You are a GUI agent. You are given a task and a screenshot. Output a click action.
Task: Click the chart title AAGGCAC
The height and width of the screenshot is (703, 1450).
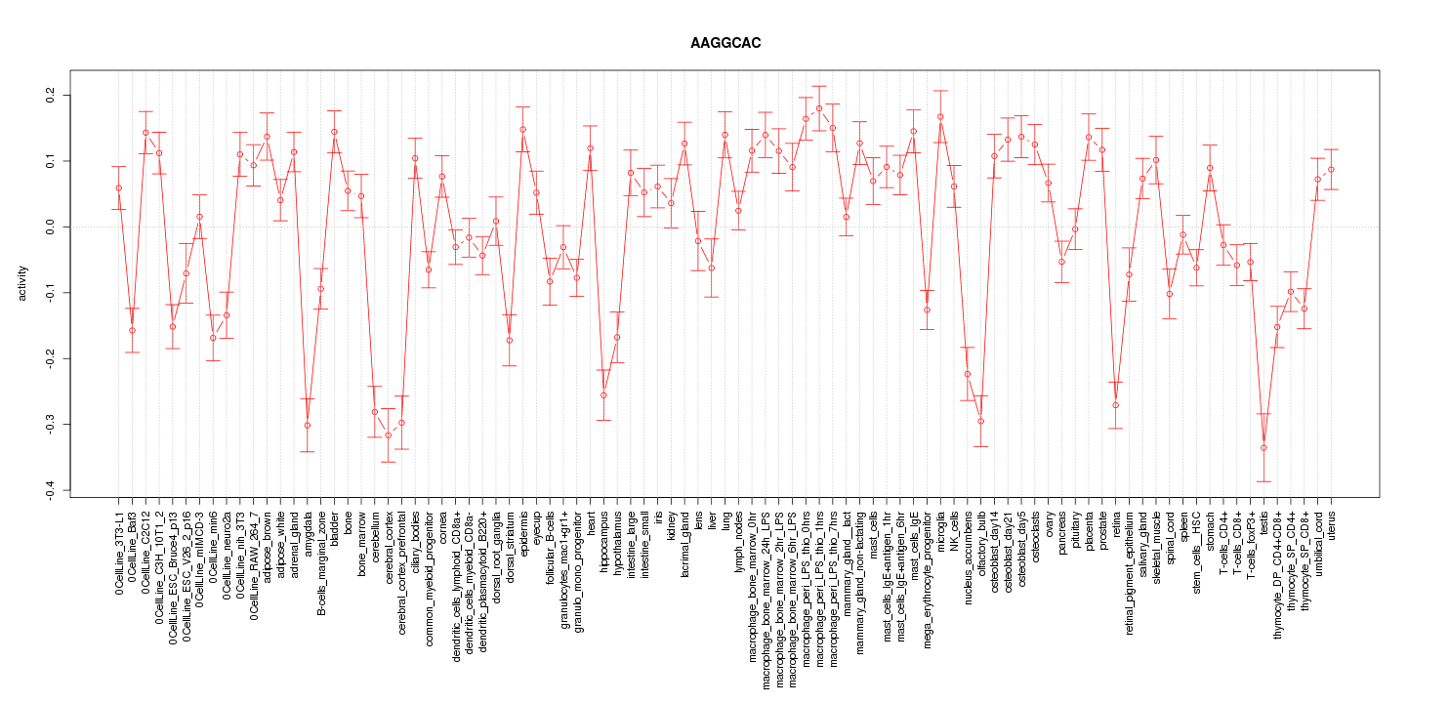725,44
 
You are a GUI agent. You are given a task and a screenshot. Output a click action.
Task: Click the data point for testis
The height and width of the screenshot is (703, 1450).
1264,447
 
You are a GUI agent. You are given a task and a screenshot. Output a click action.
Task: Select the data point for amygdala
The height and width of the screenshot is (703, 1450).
308,425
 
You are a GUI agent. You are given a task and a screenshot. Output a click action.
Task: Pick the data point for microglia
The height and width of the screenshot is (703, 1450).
940,117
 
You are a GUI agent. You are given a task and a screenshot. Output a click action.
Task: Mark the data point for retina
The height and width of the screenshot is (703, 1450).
1115,405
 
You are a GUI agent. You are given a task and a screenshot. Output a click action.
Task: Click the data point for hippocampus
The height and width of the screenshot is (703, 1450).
603,394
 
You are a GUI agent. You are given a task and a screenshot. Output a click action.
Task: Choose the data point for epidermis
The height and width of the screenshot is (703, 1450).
522,129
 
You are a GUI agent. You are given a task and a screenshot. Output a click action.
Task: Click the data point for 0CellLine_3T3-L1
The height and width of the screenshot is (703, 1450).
118,187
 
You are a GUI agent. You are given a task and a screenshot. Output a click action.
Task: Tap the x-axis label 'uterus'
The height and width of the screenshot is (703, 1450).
1332,524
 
